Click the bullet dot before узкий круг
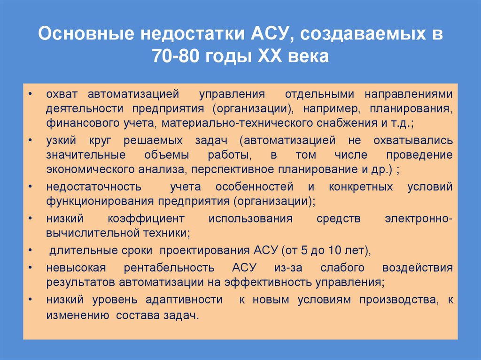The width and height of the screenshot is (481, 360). [30, 140]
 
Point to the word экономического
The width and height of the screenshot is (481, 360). [85, 170]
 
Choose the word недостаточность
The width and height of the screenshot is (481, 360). [94, 186]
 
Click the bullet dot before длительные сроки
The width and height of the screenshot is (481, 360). [30, 250]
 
